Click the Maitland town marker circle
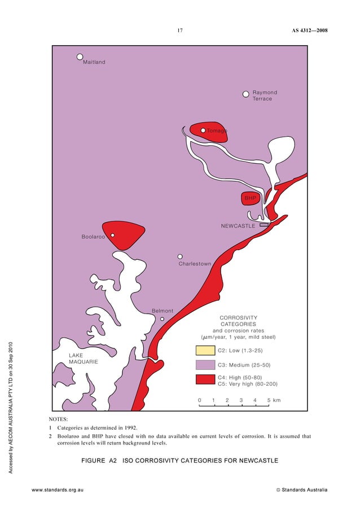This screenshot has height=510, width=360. coord(80,56)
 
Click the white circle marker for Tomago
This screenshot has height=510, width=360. coord(203,130)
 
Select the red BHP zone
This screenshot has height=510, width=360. coord(250,198)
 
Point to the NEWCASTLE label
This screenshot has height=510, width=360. coord(238,226)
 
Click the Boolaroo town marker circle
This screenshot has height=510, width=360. coord(113,235)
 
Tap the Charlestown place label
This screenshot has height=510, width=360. coord(195,264)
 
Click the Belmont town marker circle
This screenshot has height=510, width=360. coord(162,319)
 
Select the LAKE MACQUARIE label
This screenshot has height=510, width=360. coord(84,358)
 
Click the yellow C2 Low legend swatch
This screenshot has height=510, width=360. coord(205,351)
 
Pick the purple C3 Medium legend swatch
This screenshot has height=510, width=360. coord(205,365)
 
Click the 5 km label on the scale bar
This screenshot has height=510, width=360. coord(274,400)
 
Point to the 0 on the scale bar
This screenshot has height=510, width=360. coord(199,400)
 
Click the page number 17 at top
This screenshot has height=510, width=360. coord(180,30)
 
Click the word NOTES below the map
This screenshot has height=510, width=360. coord(58,420)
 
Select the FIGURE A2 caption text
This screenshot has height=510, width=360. coord(179,461)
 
